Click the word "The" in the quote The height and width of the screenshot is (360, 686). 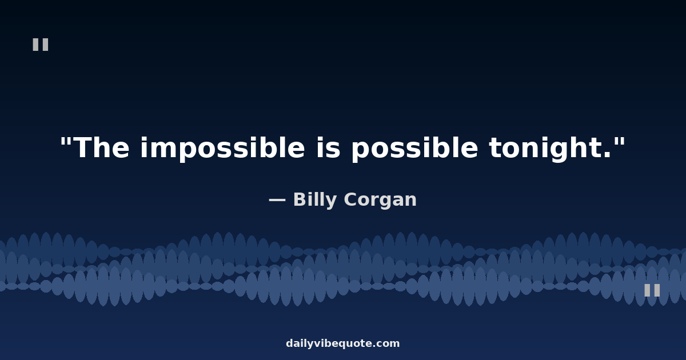[x=101, y=148]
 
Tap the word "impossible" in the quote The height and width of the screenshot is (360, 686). [x=222, y=149]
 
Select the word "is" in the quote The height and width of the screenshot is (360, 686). [x=329, y=147]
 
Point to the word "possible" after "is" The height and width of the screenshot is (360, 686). [x=414, y=149]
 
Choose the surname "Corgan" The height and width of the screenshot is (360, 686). [x=380, y=201]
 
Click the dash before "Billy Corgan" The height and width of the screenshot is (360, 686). [x=277, y=200]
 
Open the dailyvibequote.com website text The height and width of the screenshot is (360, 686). [x=342, y=344]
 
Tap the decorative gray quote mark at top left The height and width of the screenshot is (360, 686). [x=41, y=45]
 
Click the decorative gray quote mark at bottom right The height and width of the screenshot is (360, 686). [x=652, y=290]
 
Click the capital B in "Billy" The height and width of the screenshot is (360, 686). [x=301, y=199]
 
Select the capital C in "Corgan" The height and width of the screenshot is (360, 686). [x=351, y=199]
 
